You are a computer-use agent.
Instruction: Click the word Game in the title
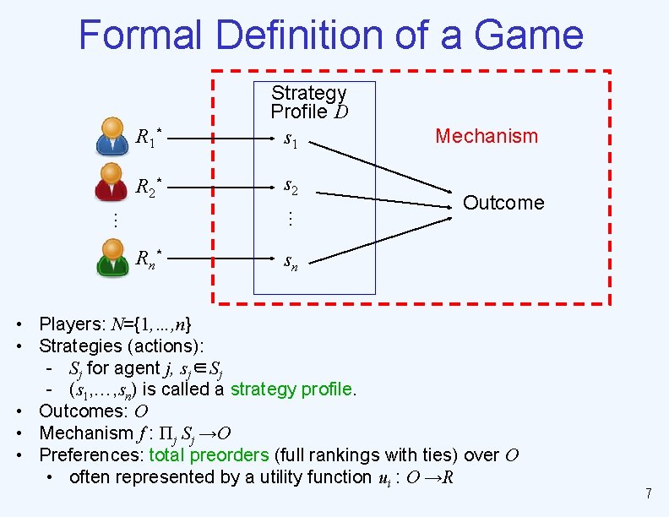pos(529,35)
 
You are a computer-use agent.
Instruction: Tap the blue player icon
pos(112,136)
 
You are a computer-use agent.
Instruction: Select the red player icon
pos(112,187)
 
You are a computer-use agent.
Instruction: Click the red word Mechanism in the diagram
pos(486,136)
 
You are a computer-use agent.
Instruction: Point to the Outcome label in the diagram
pos(503,203)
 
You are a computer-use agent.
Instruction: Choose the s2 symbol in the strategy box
pos(290,186)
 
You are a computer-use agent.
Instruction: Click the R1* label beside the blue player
pos(149,136)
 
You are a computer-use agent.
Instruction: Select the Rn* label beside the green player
pos(149,258)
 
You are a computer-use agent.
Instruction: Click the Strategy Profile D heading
pos(309,102)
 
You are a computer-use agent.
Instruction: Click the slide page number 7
pos(648,493)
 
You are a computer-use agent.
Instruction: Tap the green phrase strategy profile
pos(292,389)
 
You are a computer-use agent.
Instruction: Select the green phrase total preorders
pos(209,455)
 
